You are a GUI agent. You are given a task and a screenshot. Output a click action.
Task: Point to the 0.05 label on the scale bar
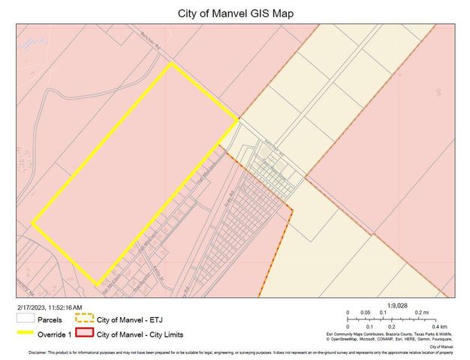(x=366, y=313)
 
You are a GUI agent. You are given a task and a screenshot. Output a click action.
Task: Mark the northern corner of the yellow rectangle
(x=172, y=64)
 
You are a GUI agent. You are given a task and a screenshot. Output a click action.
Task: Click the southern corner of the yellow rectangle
(x=96, y=284)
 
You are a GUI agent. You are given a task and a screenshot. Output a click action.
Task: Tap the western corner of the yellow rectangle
(x=32, y=223)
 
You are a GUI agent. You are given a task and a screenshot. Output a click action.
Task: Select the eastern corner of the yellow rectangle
(x=238, y=118)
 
